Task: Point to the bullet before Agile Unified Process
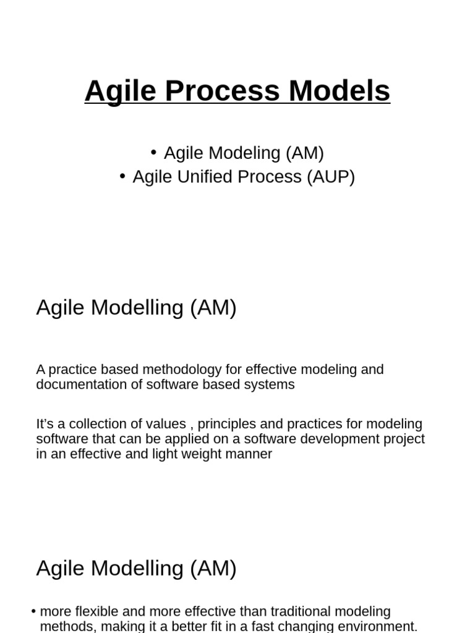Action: coord(122,176)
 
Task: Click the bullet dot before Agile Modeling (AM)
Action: coord(153,152)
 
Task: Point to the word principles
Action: coord(227,425)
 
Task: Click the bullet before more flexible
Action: coord(33,611)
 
